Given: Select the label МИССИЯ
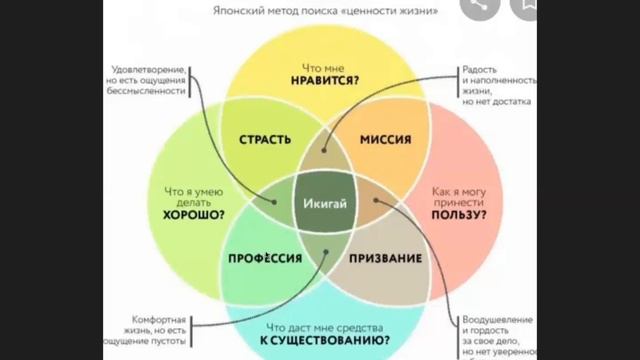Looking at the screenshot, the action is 385,139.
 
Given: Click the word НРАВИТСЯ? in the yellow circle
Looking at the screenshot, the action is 327,78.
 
